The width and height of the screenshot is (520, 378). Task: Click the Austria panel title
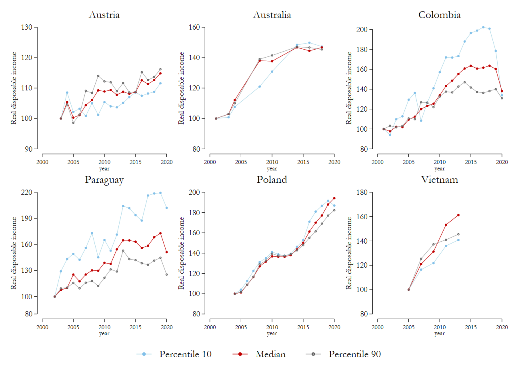click(104, 15)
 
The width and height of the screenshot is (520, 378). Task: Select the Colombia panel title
click(439, 15)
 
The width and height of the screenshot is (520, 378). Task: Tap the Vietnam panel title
click(439, 180)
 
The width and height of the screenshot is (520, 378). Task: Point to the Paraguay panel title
click(104, 180)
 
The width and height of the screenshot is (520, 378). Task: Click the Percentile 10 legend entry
click(185, 354)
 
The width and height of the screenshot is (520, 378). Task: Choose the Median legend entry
click(270, 354)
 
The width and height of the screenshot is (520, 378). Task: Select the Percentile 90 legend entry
click(354, 354)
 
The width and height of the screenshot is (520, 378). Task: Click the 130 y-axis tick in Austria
click(27, 27)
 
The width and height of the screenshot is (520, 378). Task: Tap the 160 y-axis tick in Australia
click(194, 27)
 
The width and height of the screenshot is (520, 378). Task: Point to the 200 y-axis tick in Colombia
click(362, 30)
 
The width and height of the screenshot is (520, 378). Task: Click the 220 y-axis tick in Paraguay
click(27, 192)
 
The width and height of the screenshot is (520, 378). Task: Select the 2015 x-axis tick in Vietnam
click(471, 327)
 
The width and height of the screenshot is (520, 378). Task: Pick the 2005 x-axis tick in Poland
click(241, 327)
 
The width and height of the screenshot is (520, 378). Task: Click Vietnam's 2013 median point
click(458, 215)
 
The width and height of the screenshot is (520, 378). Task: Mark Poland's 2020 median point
click(334, 198)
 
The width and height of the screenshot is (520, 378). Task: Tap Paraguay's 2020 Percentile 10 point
click(167, 208)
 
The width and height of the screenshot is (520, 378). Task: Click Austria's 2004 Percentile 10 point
click(67, 92)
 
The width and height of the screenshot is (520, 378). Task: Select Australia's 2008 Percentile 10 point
click(260, 86)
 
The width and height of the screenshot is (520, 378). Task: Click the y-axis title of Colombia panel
click(349, 88)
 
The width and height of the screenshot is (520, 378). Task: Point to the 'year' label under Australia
click(272, 169)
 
